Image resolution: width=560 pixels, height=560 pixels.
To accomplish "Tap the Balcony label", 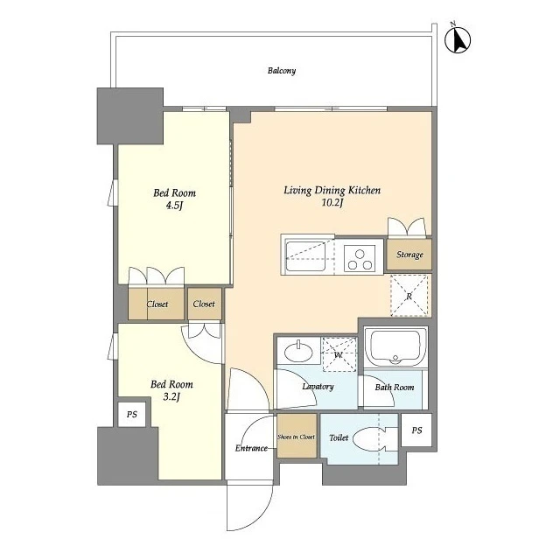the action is point(282,71).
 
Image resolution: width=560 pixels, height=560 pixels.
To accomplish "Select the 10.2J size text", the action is point(332,203).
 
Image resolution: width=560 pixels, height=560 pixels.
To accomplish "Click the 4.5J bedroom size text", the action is point(174,206).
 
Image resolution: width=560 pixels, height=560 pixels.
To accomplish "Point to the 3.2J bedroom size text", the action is point(171,396).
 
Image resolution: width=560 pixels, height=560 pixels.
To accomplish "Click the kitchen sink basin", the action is point(305,256).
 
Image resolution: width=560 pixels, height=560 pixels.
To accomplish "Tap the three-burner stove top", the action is point(360,258).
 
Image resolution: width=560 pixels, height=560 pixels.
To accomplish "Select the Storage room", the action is point(409,255).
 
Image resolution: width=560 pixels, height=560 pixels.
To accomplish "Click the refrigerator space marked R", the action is point(409,296).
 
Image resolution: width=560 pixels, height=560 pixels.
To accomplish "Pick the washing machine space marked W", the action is point(339,354).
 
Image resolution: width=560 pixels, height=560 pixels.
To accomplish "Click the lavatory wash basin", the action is point(298,351).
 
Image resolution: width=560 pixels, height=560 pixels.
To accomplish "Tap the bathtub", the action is point(395,346).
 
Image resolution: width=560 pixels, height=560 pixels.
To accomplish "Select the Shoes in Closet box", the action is point(297,436).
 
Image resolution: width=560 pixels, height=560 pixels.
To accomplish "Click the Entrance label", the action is point(251,448).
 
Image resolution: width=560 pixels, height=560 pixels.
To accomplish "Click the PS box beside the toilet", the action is point(416,430).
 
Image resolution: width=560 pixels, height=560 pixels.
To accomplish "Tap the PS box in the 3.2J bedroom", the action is point(132,414).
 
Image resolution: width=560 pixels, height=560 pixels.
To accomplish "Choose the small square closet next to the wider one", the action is point(205,304).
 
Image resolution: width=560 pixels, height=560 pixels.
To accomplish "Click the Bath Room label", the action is point(395,387).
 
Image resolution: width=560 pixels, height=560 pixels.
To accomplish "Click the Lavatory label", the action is point(318,387).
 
